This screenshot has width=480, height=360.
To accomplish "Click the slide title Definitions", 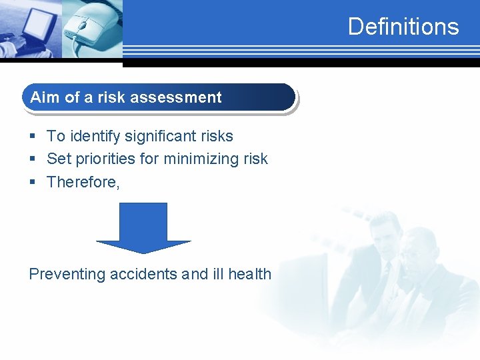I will (403, 27).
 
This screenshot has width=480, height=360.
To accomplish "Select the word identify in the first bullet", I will (93, 136).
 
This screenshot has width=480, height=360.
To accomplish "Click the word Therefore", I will (82, 182).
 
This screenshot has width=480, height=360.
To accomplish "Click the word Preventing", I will (67, 274).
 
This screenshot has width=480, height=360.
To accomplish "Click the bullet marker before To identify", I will (33, 137).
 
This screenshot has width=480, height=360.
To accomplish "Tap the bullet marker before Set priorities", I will (33, 159).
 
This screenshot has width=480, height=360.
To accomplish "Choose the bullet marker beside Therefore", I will (33, 182).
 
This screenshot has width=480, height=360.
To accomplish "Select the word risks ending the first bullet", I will (217, 136).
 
